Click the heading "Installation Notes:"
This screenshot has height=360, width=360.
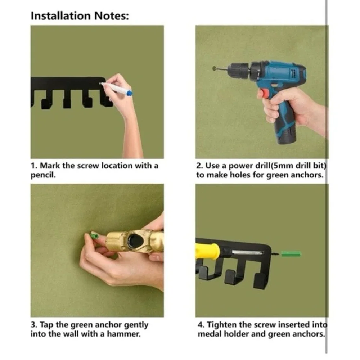tap(80, 16)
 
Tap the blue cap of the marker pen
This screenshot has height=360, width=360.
tap(129, 93)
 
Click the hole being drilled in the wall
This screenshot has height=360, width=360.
tap(215, 68)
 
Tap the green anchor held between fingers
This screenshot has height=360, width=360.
tap(94, 235)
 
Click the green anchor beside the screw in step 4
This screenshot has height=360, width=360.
tap(291, 254)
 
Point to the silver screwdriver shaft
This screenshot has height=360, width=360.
tap(247, 253)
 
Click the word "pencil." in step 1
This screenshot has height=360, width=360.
tap(43, 175)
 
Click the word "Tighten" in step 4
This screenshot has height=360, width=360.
tap(222, 325)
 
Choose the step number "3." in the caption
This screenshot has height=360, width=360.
tap(35, 325)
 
